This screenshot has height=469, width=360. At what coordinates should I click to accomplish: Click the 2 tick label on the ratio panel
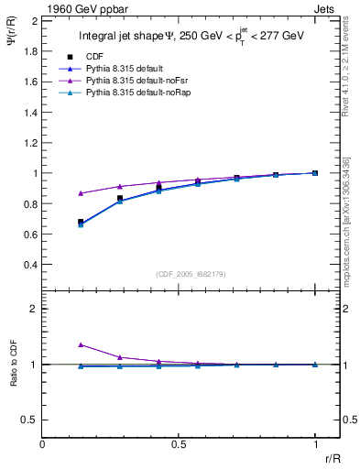tap(34, 309)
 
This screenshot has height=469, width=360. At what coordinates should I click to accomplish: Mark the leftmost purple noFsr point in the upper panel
tap(81, 193)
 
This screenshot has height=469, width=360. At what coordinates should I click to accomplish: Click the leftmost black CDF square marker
tap(81, 222)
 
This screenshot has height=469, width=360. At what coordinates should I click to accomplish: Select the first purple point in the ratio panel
tap(81, 344)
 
